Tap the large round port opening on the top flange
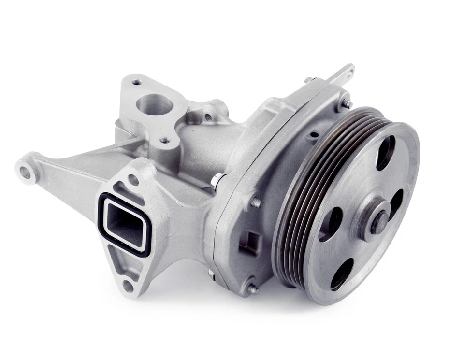[x=154, y=105]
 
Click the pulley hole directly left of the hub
[x=331, y=224]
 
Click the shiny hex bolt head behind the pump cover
[x=217, y=179]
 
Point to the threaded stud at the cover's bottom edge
[x=252, y=289]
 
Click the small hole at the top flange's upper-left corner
[x=136, y=82]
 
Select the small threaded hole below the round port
[x=165, y=140]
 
